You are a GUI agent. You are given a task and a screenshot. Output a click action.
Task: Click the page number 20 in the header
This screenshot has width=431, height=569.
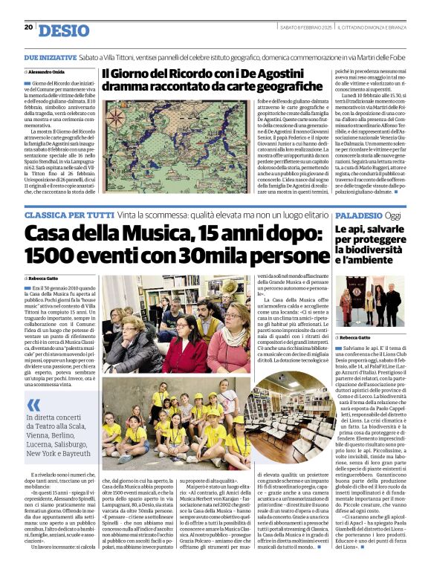[28, 27]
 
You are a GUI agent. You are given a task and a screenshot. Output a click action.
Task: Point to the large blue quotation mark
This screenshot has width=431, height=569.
[33, 406]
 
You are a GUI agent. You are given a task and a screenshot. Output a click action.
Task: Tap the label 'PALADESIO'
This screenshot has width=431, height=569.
[358, 214]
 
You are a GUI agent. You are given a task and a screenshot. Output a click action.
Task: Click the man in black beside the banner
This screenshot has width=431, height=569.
[393, 305]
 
